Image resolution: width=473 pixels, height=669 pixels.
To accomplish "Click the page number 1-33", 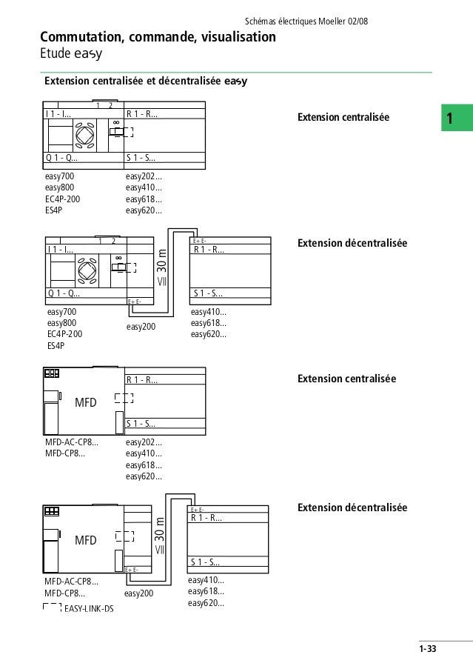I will pos(427,650).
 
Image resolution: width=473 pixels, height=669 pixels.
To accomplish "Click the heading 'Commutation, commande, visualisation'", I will pos(158,37).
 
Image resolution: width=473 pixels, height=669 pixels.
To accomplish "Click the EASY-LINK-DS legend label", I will pos(89,609).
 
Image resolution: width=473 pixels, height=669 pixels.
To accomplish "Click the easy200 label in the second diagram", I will pos(140,326).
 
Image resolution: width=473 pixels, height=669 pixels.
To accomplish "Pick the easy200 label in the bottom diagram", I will pos(138,593).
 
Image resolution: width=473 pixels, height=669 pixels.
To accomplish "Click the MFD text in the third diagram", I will pos(86,405).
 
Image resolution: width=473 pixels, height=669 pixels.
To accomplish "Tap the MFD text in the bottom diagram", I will pos(86,541).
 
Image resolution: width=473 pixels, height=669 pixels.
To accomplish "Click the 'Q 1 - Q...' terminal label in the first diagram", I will pos(61,158).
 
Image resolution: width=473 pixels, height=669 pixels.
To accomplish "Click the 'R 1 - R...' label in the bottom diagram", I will pos(206,518).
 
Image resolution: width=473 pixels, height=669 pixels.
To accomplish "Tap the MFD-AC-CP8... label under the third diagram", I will pos(72,443).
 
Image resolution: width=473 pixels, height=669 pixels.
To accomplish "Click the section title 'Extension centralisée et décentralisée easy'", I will pos(145,81).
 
